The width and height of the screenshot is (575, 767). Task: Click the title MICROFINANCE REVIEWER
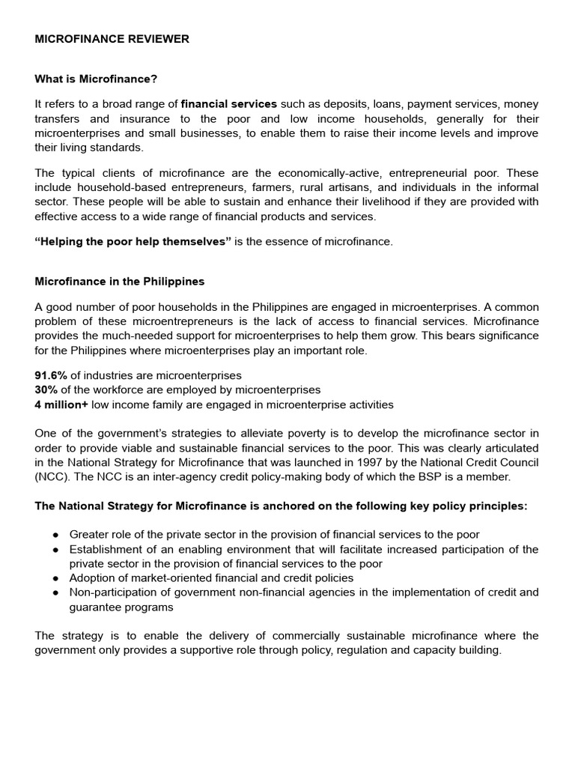(112, 39)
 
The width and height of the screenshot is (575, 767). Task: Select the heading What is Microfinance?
(96, 79)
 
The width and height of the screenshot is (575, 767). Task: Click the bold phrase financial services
(229, 103)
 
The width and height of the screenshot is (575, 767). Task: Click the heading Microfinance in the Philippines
(120, 282)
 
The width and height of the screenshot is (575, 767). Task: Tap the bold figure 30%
(46, 390)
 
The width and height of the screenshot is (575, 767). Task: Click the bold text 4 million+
(61, 405)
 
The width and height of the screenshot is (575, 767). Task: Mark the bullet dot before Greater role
(56, 535)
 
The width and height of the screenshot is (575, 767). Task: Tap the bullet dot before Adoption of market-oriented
(56, 578)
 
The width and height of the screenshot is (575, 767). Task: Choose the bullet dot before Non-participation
(56, 592)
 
